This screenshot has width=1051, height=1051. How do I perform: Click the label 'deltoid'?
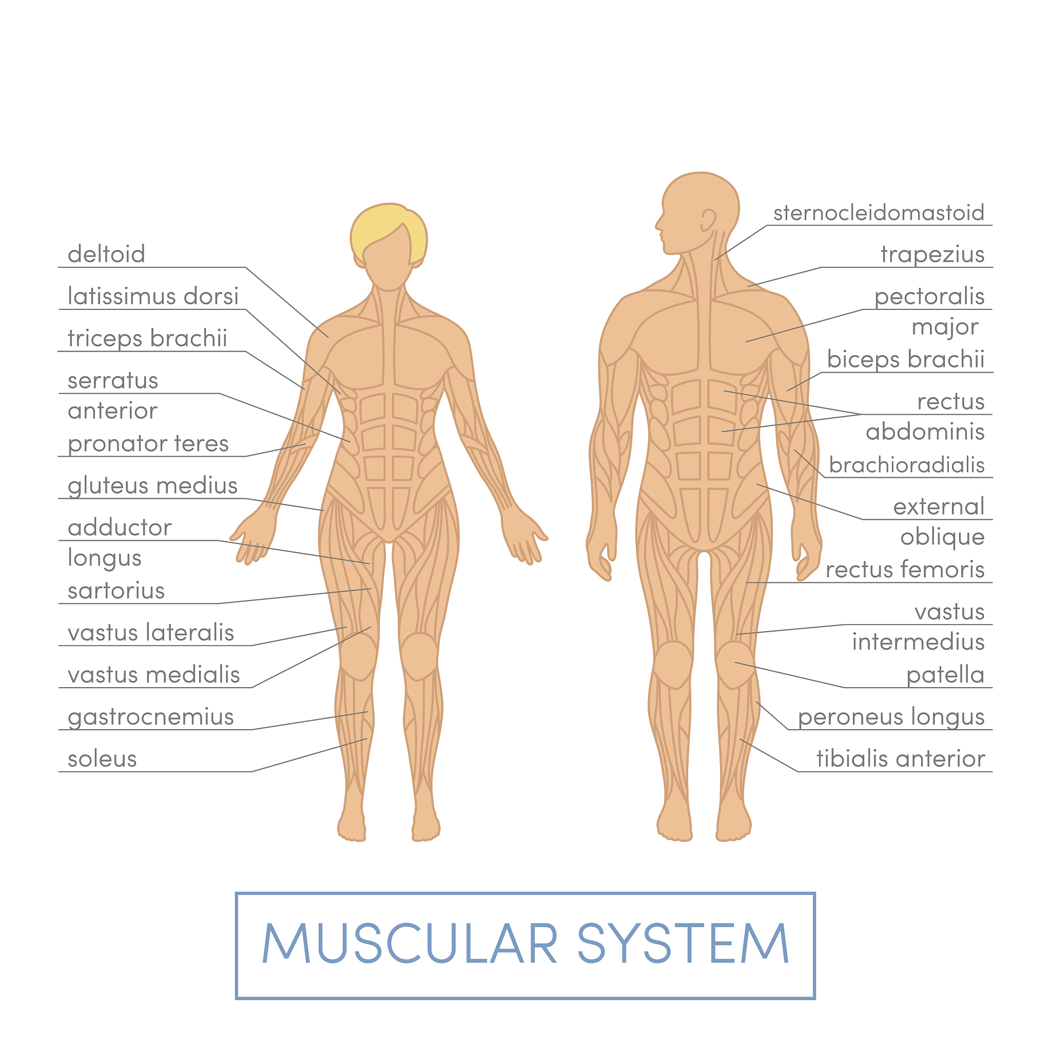point(107,254)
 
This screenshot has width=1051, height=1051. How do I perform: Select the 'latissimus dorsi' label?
point(153,297)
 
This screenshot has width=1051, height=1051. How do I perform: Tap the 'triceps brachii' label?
point(147,338)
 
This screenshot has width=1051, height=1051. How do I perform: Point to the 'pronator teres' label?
point(148,444)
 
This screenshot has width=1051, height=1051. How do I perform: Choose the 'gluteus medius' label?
point(153,486)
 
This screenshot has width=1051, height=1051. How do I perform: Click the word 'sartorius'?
point(116,591)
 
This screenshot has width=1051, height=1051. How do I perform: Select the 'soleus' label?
point(102,760)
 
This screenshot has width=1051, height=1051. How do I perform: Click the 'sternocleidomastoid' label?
point(879,212)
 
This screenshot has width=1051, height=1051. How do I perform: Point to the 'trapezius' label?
point(932,255)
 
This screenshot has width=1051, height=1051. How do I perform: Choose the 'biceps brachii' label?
point(906,360)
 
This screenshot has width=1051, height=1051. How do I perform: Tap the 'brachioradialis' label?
point(907,465)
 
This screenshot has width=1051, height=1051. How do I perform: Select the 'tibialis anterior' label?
point(901,760)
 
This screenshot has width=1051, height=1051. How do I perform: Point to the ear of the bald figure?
point(708,221)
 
